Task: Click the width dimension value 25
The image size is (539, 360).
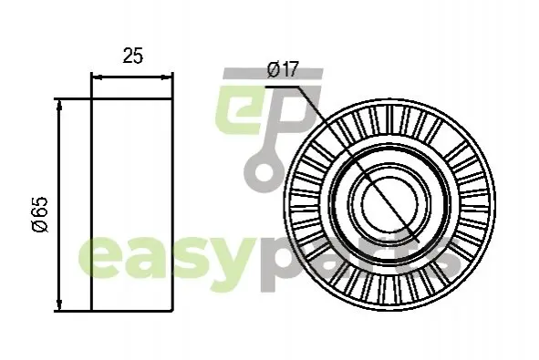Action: [x=132, y=56]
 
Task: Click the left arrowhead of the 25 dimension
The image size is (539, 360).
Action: [x=98, y=78]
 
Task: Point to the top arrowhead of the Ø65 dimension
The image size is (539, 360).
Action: [x=59, y=105]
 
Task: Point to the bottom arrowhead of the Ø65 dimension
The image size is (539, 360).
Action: [x=59, y=305]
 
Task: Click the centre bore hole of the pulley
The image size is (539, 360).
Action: [x=390, y=206]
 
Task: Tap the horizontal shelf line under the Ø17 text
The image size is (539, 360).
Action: [x=281, y=87]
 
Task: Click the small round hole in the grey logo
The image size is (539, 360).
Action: [x=264, y=170]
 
